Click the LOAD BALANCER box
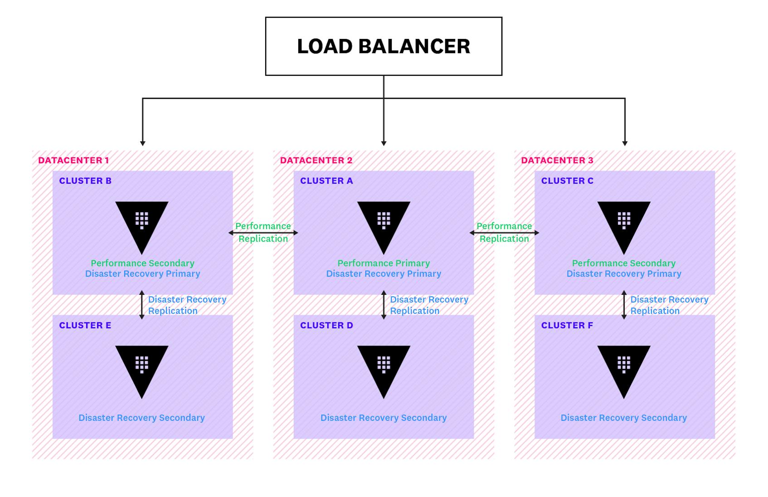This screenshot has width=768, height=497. [384, 46]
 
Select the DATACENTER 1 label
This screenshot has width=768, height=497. [73, 160]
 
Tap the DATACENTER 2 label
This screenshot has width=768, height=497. [316, 160]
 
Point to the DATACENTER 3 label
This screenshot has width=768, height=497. [557, 160]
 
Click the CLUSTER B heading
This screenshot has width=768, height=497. [85, 180]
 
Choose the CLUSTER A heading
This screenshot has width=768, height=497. [326, 180]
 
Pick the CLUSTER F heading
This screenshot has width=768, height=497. [567, 325]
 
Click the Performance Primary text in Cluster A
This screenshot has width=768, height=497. [384, 263]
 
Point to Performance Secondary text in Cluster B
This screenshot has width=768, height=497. [142, 263]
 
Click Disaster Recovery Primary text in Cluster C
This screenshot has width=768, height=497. [624, 273]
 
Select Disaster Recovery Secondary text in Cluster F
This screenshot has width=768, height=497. [624, 418]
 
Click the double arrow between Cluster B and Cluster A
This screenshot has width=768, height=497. [263, 233]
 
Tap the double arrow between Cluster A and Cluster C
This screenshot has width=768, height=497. [504, 233]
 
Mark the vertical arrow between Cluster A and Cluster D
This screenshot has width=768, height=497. [384, 305]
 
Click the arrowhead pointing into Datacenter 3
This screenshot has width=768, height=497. [625, 143]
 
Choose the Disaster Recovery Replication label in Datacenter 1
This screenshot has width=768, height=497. [187, 305]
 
